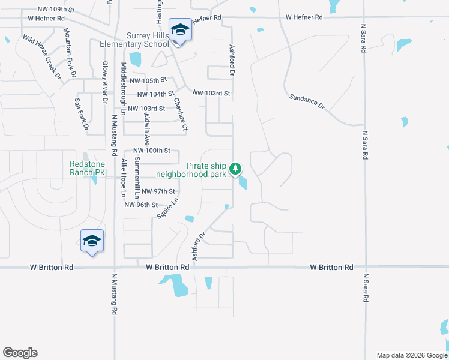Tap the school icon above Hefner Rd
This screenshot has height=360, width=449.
(x=179, y=30)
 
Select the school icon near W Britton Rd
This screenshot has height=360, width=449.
(x=92, y=241)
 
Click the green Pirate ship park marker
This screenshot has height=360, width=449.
(x=237, y=168)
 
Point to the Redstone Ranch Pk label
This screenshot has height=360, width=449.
(x=88, y=168)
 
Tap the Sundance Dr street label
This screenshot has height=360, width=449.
(x=307, y=100)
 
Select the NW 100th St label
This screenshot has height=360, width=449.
(x=152, y=151)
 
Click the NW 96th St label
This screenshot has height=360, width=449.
(x=140, y=205)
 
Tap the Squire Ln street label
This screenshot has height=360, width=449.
(x=168, y=208)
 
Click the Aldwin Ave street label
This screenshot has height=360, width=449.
(x=147, y=125)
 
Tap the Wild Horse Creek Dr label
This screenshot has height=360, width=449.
(x=42, y=57)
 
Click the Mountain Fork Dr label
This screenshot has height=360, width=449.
(x=70, y=53)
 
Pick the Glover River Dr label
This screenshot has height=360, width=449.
(x=104, y=77)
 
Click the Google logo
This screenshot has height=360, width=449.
(x=20, y=353)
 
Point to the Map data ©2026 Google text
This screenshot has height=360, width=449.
(x=411, y=355)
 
